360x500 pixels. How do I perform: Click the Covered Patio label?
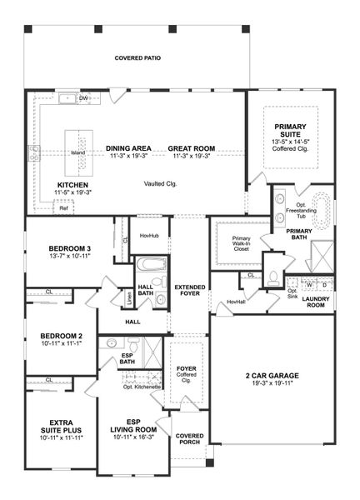[137, 58]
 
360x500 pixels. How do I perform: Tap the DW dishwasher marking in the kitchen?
[83, 98]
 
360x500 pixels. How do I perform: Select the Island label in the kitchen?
[77, 153]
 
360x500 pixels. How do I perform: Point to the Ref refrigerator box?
[63, 208]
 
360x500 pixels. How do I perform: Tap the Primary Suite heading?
[291, 131]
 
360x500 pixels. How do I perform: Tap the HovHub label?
[149, 236]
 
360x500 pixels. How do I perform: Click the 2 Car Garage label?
[272, 376]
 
